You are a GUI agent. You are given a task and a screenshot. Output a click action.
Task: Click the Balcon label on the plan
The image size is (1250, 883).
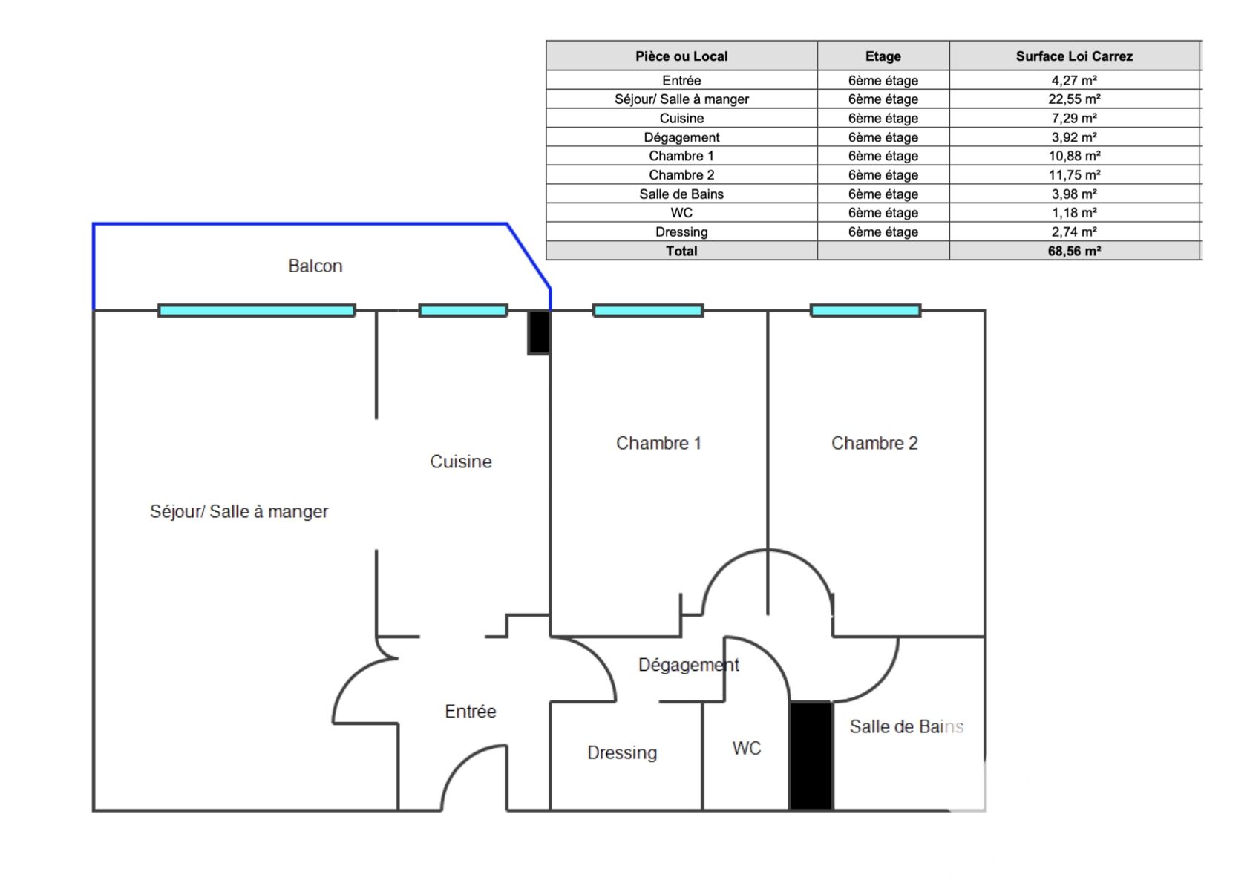pyautogui.click(x=315, y=266)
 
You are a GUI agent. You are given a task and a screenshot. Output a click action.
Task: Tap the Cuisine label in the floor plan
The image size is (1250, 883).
pyautogui.click(x=460, y=462)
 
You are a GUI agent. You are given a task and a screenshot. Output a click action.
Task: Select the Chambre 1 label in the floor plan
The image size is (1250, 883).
pyautogui.click(x=658, y=443)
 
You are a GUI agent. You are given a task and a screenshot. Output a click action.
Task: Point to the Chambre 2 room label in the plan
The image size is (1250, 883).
pyautogui.click(x=874, y=443)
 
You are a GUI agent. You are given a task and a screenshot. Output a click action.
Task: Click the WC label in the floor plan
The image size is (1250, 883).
pyautogui.click(x=746, y=748)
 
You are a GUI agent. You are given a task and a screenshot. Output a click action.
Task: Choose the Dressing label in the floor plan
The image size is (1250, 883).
pyautogui.click(x=622, y=752)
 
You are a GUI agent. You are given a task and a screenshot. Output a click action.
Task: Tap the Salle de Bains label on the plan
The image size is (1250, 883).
pyautogui.click(x=906, y=726)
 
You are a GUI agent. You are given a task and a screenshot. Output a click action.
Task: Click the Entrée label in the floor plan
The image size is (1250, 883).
pyautogui.click(x=470, y=711)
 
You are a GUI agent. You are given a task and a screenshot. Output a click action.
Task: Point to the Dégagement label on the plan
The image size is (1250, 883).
pyautogui.click(x=688, y=665)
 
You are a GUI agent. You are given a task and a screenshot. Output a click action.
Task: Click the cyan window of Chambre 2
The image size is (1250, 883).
pyautogui.click(x=865, y=310)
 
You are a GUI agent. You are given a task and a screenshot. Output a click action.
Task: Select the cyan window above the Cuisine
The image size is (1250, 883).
pyautogui.click(x=463, y=310)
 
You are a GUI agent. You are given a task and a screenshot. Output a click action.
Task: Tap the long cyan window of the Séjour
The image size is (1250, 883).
pyautogui.click(x=257, y=310)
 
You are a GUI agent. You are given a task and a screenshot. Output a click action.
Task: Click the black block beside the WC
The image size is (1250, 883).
pyautogui.click(x=811, y=755)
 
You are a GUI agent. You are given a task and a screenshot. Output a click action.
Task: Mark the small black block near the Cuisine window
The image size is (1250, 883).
pyautogui.click(x=539, y=332)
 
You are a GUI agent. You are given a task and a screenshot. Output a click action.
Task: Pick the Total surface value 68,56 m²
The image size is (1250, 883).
pyautogui.click(x=1073, y=251)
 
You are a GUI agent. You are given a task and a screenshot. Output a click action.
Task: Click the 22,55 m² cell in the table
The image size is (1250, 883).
pyautogui.click(x=1073, y=99)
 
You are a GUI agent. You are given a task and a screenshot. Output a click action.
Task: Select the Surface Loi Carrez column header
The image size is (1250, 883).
pyautogui.click(x=1073, y=56)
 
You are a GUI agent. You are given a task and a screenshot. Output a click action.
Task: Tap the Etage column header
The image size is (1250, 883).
pyautogui.click(x=883, y=56)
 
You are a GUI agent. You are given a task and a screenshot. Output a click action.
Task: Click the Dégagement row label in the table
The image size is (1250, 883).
pyautogui.click(x=681, y=137)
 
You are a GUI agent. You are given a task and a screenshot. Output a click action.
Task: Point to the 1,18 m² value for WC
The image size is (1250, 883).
pyautogui.click(x=1073, y=213)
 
